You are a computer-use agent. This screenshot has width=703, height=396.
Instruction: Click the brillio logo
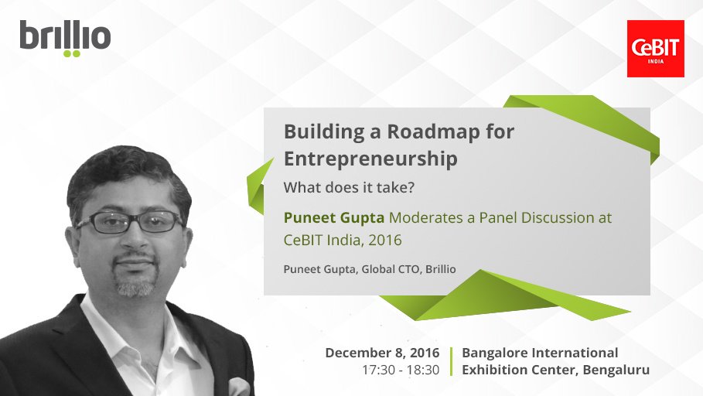tap(65, 38)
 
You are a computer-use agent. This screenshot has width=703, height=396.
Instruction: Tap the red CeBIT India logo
tap(656, 49)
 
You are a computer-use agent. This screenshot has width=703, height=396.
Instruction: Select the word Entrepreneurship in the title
tap(370, 159)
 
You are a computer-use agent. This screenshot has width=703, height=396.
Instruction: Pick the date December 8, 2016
tap(382, 353)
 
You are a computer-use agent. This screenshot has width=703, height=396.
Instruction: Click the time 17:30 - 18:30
tap(401, 370)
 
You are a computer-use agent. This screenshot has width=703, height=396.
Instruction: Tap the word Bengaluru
tap(613, 370)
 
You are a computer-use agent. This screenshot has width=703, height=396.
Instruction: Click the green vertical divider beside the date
tap(451, 361)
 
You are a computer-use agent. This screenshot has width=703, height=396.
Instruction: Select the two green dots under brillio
tap(71, 54)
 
